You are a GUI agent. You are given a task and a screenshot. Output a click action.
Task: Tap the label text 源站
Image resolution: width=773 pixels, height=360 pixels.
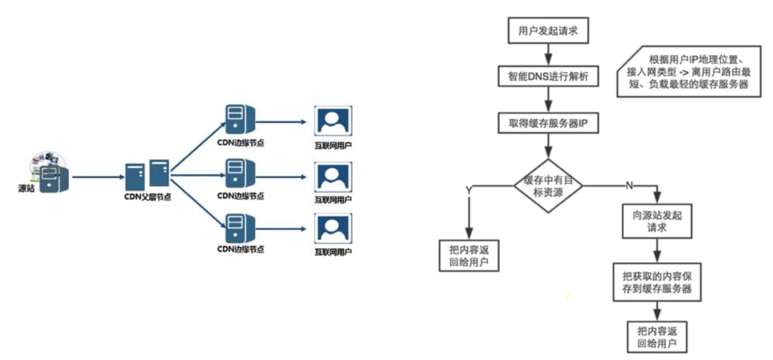tap(27, 189)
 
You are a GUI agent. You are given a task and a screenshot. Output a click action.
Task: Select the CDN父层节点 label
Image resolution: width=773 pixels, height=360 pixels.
tap(148, 198)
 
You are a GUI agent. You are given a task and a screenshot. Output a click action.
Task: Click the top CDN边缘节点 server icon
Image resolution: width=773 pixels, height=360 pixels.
tap(240, 119)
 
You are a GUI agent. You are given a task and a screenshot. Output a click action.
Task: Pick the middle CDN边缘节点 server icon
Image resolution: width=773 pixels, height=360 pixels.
tap(240, 173)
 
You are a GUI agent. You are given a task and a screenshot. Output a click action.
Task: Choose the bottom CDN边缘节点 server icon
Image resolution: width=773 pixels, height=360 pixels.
tap(240, 228)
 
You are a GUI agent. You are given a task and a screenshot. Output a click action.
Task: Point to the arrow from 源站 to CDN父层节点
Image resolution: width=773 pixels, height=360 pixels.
tap(97, 175)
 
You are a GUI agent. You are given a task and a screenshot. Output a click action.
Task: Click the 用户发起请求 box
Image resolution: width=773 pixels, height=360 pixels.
tap(548, 31)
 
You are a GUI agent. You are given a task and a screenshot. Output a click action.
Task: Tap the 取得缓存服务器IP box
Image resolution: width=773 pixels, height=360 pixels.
tap(548, 122)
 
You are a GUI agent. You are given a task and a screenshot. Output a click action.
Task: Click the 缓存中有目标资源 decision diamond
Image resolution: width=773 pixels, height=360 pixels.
tap(548, 186)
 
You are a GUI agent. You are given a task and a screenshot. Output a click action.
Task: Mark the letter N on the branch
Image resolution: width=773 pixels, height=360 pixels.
tap(628, 185)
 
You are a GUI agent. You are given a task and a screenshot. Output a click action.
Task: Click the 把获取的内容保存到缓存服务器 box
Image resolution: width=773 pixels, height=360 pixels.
tap(656, 282)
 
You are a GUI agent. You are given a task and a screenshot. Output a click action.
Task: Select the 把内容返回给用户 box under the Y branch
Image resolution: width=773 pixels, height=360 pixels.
tap(469, 255)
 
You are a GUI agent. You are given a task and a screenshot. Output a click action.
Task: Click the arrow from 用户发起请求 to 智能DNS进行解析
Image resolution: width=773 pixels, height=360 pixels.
tap(548, 54)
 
